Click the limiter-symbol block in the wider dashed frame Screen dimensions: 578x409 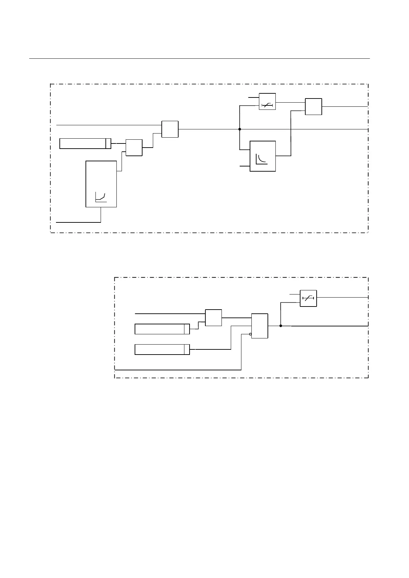pos(267,102)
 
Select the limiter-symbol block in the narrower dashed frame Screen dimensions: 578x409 pos(308,298)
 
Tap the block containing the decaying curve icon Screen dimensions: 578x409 pos(263,156)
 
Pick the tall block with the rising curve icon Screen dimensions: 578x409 pos(101,184)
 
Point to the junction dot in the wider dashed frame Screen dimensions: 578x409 pos(239,129)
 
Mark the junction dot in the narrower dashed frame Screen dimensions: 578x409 pos(281,326)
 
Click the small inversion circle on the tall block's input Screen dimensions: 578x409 pos(250,334)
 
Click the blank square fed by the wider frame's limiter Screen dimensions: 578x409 pos(314,106)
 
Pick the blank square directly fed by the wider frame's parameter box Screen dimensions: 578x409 pos(134,148)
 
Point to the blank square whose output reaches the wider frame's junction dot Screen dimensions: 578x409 pos(170,129)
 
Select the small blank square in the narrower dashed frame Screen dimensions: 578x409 pos(213,317)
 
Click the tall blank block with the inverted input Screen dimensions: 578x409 pos(260,326)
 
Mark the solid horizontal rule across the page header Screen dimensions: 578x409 pos(199,59)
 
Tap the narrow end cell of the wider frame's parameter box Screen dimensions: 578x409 pos(108,143)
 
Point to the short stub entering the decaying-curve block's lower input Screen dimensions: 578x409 pos(245,166)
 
